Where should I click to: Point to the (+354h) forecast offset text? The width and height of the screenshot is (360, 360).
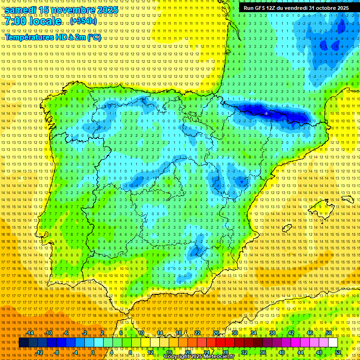[x=83, y=21]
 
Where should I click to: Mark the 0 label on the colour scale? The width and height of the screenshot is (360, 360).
[x=93, y=352]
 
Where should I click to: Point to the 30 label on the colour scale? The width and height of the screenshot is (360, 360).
[x=234, y=332]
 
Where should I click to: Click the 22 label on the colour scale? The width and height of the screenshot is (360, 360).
[x=197, y=332]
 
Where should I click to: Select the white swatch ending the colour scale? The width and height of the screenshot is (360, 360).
[x=333, y=343]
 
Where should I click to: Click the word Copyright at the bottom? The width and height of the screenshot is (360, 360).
[x=178, y=357]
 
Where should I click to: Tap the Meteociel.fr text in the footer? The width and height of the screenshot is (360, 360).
[x=219, y=357]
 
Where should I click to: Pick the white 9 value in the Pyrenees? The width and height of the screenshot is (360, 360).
[x=266, y=114]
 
